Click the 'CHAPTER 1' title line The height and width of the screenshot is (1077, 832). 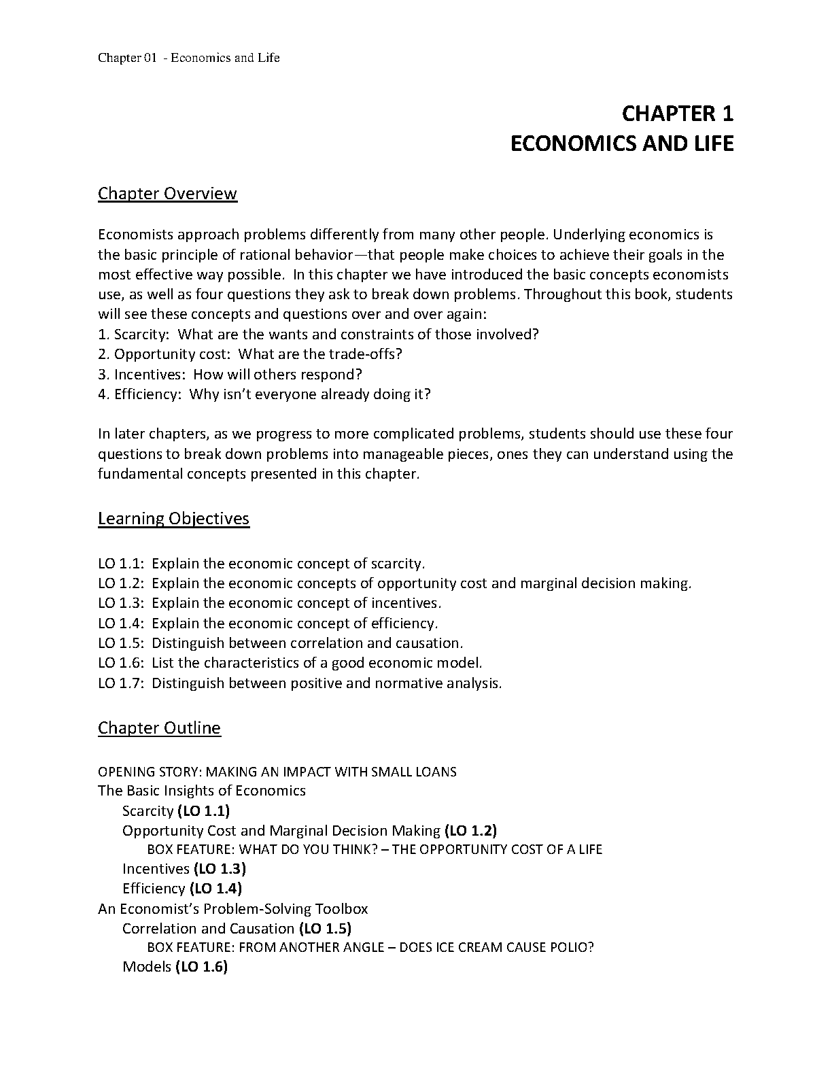pos(678,113)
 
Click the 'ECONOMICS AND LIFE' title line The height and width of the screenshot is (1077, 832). pos(621,143)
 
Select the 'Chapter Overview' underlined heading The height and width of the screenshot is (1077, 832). pos(167,193)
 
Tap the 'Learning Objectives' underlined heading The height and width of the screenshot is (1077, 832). pos(173,518)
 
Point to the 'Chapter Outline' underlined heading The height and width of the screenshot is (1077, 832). pos(159,728)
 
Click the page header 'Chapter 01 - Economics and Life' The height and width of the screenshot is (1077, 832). pos(188,57)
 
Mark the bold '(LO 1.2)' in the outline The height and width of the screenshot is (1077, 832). pos(470,830)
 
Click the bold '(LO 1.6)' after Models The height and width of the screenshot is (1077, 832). pos(201,966)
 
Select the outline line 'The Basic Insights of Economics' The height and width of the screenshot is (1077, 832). pos(202,790)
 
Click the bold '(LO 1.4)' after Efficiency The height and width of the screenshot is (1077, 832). pos(215,888)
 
